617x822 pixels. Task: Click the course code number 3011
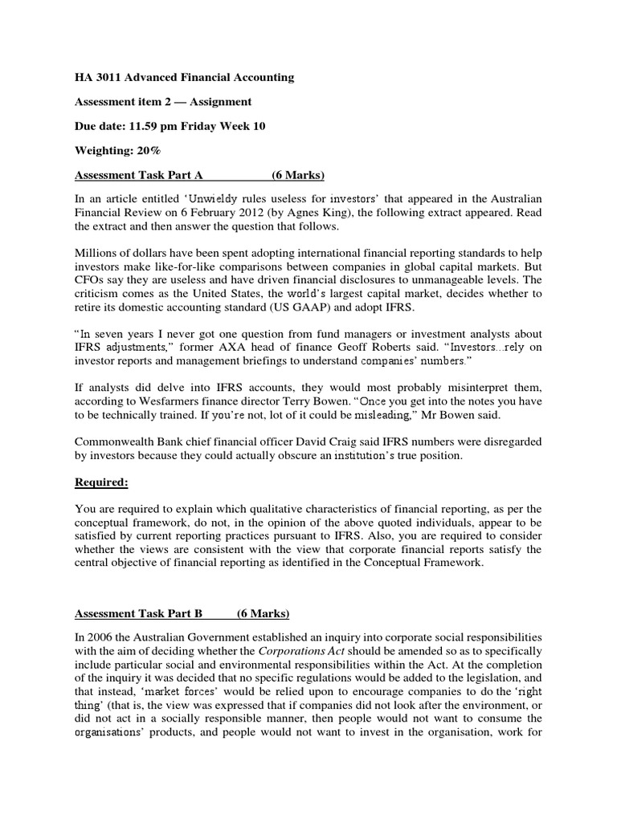(x=104, y=78)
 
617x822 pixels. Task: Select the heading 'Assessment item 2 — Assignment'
(x=163, y=102)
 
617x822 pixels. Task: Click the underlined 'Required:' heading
(x=102, y=482)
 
